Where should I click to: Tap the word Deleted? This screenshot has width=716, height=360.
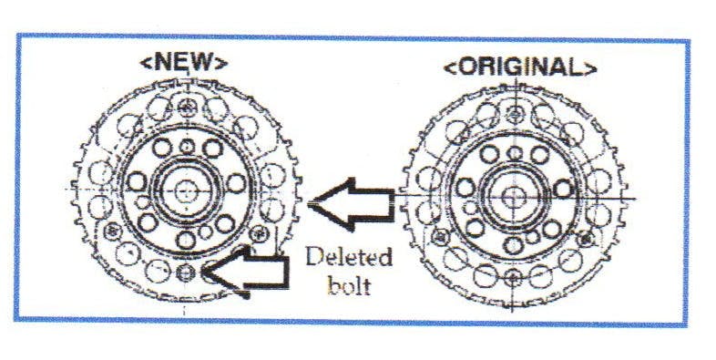coord(347,257)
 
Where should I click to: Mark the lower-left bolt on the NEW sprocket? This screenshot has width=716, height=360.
coord(114,229)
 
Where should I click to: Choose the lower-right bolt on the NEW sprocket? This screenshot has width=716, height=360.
coord(261,229)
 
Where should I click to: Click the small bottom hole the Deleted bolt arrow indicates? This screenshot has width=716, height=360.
coord(187,271)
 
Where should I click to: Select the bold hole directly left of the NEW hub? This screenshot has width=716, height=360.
coord(137,182)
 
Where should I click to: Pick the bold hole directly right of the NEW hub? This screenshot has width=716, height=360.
coord(239,183)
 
